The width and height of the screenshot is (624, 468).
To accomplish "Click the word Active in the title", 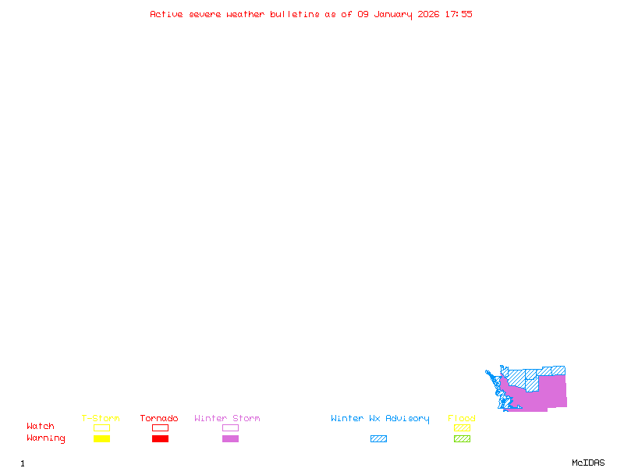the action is (167, 14).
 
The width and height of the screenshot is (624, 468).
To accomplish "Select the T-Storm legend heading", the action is (101, 418).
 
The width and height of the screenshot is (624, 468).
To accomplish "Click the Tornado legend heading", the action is (159, 418).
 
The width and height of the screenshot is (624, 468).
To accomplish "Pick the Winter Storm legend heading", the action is (227, 418).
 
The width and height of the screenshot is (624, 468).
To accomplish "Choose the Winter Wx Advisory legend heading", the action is (380, 418).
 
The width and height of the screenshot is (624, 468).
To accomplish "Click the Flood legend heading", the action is (462, 418).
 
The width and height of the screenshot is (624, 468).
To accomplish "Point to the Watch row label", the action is (41, 427).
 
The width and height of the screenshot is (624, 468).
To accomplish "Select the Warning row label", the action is (46, 438).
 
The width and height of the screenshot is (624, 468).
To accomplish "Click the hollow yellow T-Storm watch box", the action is (101, 427).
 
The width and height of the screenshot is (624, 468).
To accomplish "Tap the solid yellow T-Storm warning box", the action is (101, 439).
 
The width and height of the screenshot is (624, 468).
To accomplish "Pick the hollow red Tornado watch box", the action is (160, 427).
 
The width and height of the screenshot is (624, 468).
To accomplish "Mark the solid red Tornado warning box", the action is (160, 439).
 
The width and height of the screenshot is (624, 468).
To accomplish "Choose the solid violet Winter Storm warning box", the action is (230, 439).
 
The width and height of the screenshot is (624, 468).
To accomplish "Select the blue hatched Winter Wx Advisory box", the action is (378, 439).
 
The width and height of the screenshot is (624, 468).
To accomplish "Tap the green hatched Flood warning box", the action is (462, 439).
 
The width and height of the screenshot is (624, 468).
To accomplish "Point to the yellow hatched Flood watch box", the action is (462, 427).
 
